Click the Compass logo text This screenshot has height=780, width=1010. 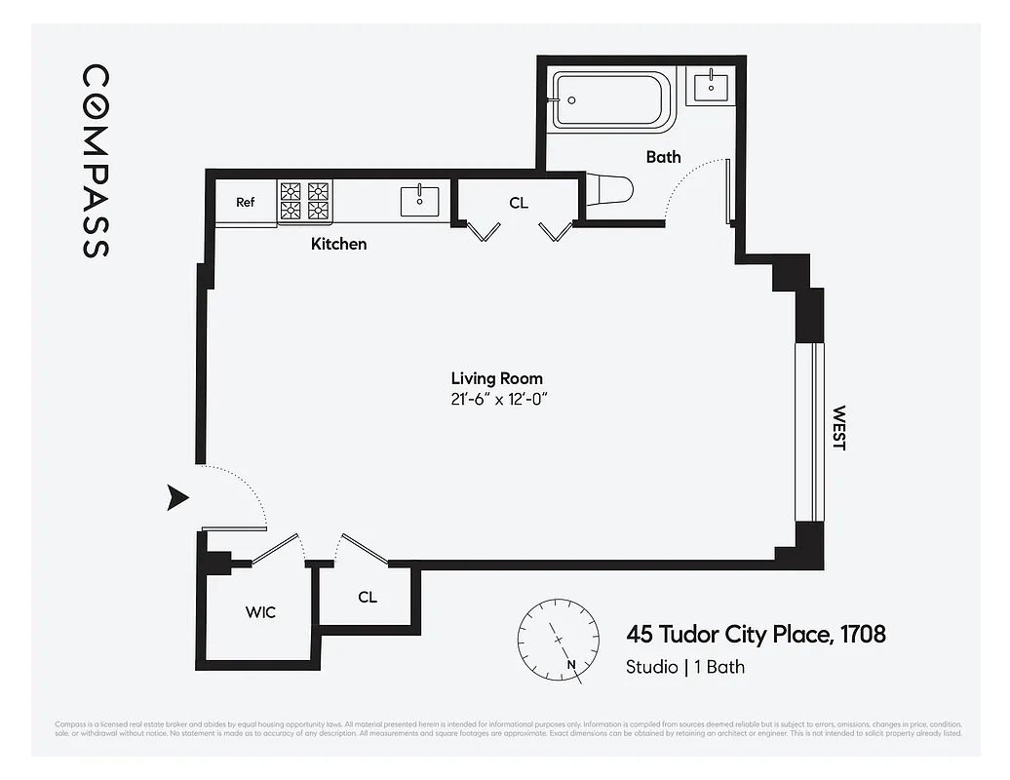point(95,161)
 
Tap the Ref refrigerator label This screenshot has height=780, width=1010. point(246,203)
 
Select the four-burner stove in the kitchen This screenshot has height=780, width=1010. point(305,201)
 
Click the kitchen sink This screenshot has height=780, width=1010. point(419,202)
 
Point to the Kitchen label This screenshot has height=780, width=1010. point(338,244)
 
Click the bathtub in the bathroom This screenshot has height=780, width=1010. point(613,100)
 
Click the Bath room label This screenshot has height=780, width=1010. point(663,157)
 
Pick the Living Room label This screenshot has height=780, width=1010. point(496,378)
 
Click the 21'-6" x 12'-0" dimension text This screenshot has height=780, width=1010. point(496,400)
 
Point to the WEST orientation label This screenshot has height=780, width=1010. point(838,428)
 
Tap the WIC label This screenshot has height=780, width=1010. point(260,612)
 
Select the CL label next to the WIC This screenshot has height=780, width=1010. point(368,598)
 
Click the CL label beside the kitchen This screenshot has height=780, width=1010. point(519,203)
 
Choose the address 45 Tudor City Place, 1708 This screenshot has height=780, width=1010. point(756,635)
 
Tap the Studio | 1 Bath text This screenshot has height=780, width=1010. point(684,668)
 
